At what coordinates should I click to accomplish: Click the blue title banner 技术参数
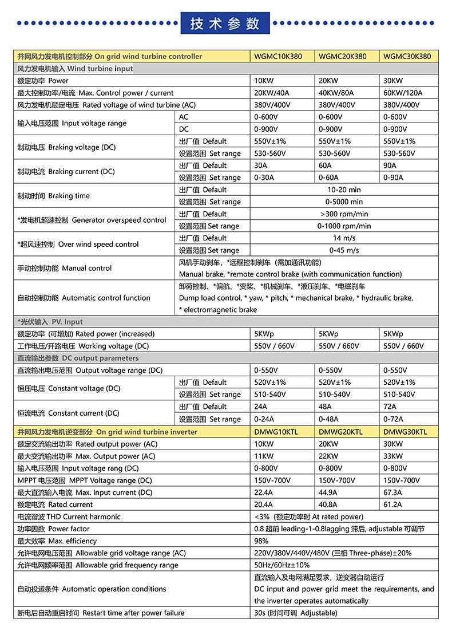[225, 23]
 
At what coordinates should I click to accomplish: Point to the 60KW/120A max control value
[403, 93]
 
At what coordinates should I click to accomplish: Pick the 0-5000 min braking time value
[344, 202]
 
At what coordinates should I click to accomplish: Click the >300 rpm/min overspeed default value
[344, 214]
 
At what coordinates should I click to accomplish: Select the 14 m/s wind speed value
[344, 238]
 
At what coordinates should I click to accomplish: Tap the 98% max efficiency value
[261, 541]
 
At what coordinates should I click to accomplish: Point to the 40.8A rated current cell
[328, 504]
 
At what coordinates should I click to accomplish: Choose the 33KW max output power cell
[393, 456]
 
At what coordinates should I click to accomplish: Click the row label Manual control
[65, 268]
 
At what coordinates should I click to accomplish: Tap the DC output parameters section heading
[78, 358]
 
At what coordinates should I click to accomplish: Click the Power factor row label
[54, 529]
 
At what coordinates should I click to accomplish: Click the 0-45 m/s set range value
[344, 250]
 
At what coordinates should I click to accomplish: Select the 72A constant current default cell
[390, 407]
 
